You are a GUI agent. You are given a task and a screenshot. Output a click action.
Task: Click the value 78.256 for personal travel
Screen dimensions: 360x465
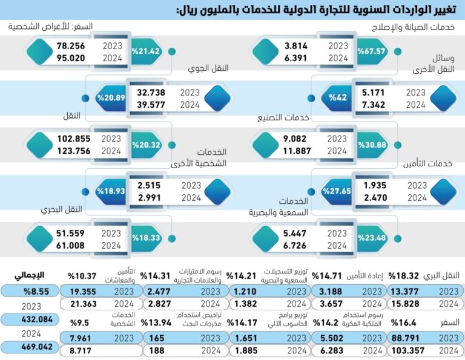point(71,46)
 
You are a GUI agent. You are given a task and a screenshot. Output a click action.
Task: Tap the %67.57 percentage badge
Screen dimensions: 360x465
point(372,51)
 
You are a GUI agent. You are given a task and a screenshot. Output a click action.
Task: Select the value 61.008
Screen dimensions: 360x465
point(71,246)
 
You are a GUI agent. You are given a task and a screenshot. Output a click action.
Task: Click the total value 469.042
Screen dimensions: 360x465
point(30,347)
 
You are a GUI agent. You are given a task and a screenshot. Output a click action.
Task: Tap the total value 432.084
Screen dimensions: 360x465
point(30,318)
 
